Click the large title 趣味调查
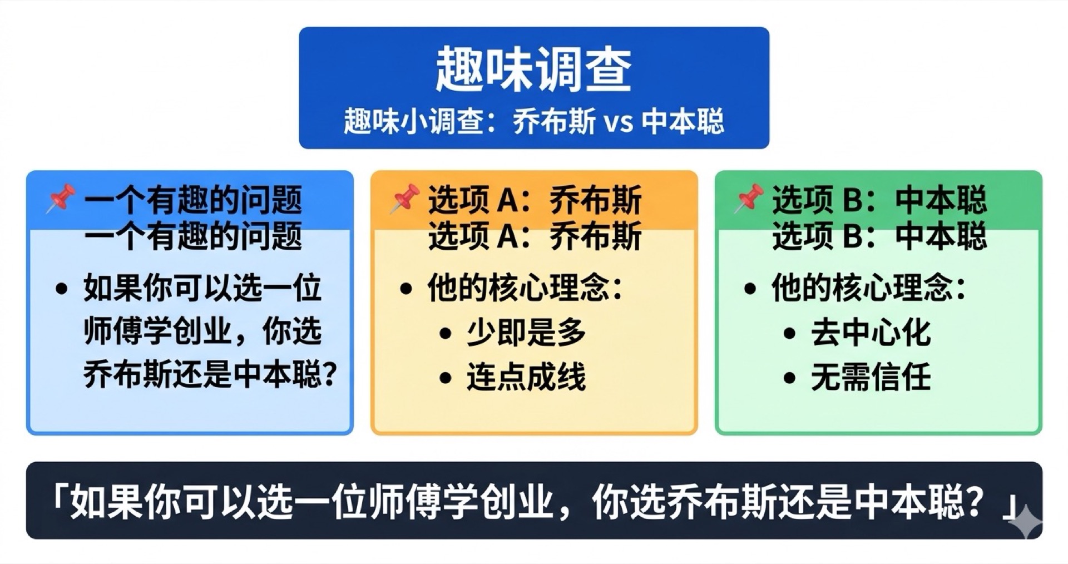[x=533, y=70]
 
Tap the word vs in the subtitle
[x=618, y=122]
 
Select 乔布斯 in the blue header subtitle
[x=554, y=122]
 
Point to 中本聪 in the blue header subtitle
[x=683, y=122]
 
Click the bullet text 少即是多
[x=526, y=333]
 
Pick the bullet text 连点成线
[x=526, y=377]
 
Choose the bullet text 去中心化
[x=871, y=333]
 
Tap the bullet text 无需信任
[x=871, y=377]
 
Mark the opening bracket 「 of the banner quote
[x=58, y=492]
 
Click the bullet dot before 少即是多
[x=445, y=334]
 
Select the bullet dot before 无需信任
[x=789, y=378]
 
